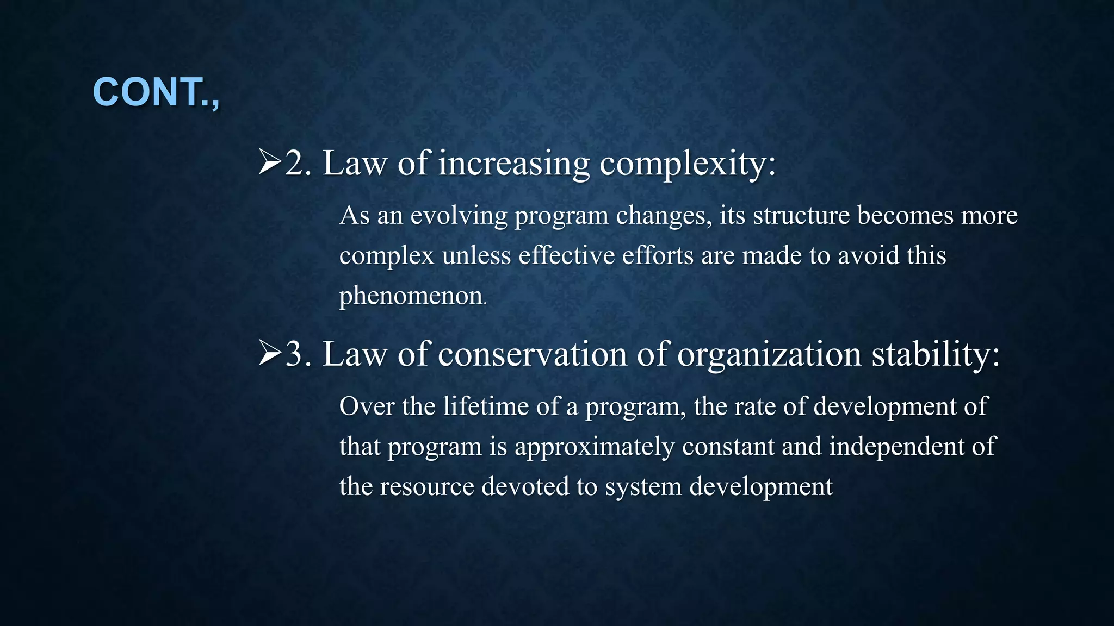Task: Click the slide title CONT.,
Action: [156, 92]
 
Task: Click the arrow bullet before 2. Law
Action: [270, 162]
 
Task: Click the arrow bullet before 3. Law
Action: [270, 354]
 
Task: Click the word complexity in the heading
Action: [688, 164]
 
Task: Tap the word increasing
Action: [513, 164]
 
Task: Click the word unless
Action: [476, 256]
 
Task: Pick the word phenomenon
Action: [411, 296]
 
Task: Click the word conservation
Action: [533, 354]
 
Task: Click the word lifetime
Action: [485, 406]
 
